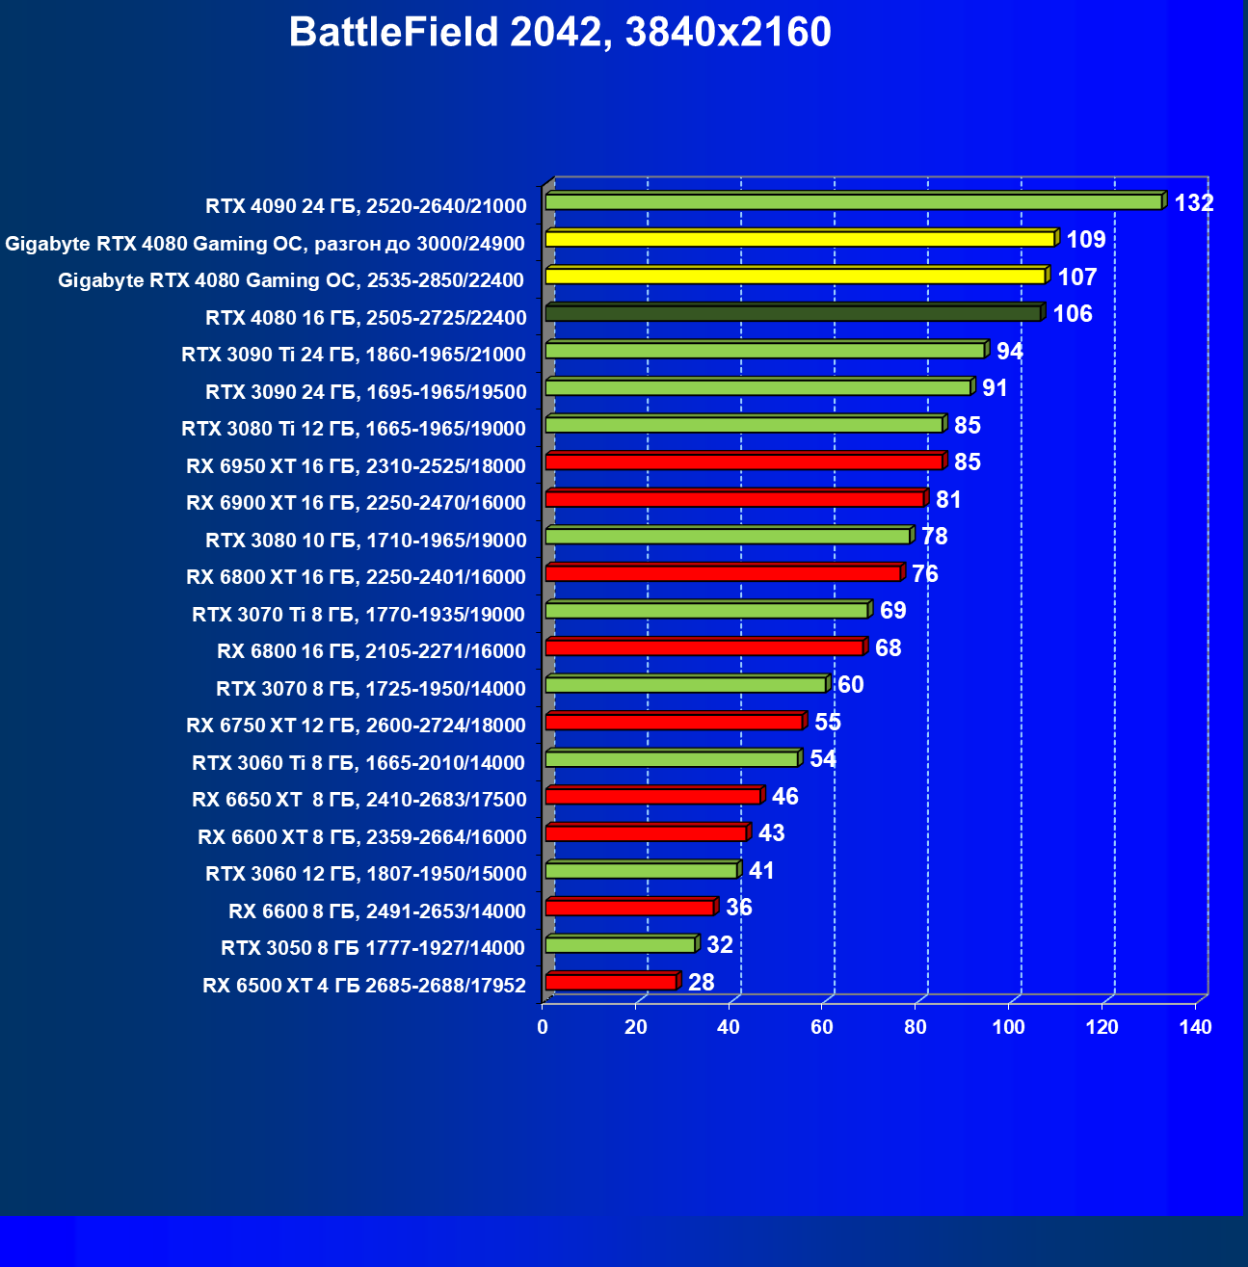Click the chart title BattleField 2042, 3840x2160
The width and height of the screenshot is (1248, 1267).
[560, 33]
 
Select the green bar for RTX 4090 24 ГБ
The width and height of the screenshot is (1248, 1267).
[854, 201]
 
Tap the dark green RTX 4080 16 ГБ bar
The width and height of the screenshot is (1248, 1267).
[793, 313]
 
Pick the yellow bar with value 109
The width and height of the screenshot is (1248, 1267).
[800, 238]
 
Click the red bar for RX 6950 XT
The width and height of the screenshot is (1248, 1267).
[744, 462]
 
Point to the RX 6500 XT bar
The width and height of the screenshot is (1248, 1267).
[611, 982]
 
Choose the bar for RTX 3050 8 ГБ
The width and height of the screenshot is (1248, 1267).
[621, 944]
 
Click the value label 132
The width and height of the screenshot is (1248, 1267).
[1193, 203]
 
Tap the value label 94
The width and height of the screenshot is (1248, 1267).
[1009, 352]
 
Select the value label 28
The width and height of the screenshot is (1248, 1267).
[701, 983]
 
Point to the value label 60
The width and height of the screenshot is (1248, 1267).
[850, 685]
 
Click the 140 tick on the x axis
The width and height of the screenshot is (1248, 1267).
[1195, 1027]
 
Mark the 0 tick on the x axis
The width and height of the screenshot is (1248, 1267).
[543, 1027]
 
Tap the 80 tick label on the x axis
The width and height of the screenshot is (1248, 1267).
[916, 1027]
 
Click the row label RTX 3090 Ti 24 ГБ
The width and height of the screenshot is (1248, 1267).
[354, 355]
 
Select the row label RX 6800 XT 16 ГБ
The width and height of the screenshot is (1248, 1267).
[356, 577]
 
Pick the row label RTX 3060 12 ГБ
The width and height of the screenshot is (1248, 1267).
[365, 874]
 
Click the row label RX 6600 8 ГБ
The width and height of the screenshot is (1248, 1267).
[377, 911]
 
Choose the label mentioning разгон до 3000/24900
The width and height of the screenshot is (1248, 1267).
[265, 244]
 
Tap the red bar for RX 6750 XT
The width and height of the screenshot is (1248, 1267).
[675, 722]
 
